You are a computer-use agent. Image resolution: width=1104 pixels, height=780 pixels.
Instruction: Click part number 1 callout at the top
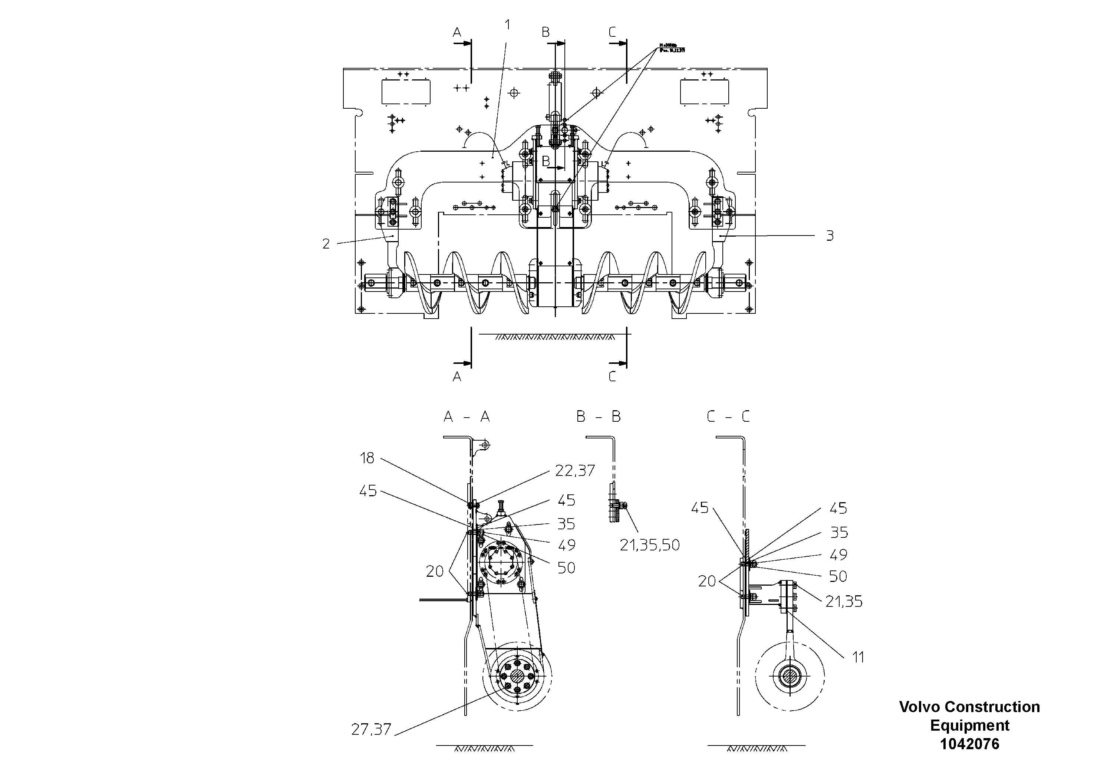point(507,24)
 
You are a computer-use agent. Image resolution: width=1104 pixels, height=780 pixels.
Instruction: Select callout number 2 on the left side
point(326,244)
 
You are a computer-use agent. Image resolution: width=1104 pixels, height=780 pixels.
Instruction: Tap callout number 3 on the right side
point(830,236)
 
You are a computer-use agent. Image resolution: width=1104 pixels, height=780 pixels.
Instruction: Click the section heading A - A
point(467,417)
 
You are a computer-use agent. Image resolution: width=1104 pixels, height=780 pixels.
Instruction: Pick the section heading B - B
point(599,417)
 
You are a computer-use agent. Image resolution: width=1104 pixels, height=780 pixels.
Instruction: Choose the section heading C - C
point(728,417)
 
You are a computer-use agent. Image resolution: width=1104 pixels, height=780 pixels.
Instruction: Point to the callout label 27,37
point(371,730)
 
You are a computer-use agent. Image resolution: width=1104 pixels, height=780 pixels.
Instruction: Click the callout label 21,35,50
point(650,545)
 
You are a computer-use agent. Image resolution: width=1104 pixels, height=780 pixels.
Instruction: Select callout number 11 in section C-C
point(858,657)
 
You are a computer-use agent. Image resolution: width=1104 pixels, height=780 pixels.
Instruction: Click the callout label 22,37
point(575,470)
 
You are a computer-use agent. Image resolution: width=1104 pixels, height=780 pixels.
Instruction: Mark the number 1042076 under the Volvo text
point(969,744)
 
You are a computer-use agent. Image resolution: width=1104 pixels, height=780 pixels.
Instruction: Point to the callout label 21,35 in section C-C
point(844,601)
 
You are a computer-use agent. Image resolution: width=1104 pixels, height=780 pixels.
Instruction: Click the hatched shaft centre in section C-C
point(790,677)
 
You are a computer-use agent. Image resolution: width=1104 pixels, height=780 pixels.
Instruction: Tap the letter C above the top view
point(612,32)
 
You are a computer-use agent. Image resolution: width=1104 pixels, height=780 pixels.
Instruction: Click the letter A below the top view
point(457,376)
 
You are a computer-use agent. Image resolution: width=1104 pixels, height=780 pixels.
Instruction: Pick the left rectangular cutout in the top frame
point(406,92)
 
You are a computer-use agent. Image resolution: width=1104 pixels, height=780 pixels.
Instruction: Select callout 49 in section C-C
point(838,554)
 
